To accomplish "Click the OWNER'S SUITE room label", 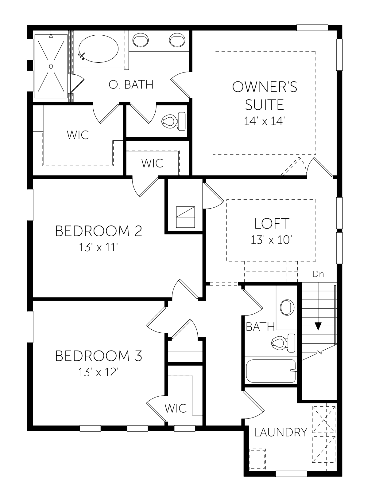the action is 265,96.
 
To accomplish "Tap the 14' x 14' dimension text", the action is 265,121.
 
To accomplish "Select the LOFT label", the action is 272,223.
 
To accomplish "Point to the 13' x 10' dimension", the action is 271,240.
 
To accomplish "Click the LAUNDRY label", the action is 281,432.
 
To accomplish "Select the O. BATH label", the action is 131,84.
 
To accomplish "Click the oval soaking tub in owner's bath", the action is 99,49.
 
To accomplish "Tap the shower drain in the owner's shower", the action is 51,66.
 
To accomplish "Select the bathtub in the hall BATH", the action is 271,371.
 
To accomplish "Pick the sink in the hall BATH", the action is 287,307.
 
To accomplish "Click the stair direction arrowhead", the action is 318,326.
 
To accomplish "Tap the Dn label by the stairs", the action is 318,274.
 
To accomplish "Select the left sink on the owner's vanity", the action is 141,40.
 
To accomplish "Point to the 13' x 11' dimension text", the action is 98,247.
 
